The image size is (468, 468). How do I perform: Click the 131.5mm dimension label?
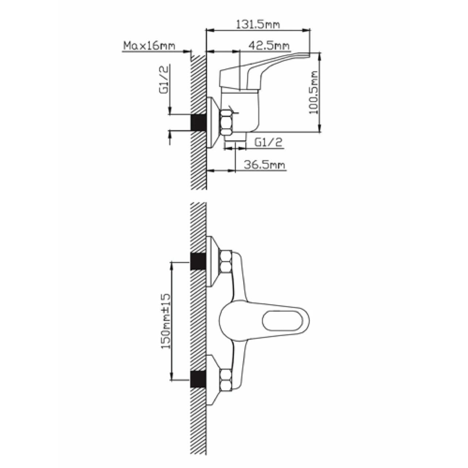tap(258, 24)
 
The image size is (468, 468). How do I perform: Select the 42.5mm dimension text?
tap(269, 46)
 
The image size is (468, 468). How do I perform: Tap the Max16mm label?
tap(149, 46)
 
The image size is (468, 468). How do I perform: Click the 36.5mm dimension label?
tap(264, 165)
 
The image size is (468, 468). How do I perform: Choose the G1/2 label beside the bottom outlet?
tap(269, 142)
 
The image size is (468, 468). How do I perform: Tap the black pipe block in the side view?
tap(199, 122)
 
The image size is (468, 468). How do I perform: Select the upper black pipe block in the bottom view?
tap(199, 261)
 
